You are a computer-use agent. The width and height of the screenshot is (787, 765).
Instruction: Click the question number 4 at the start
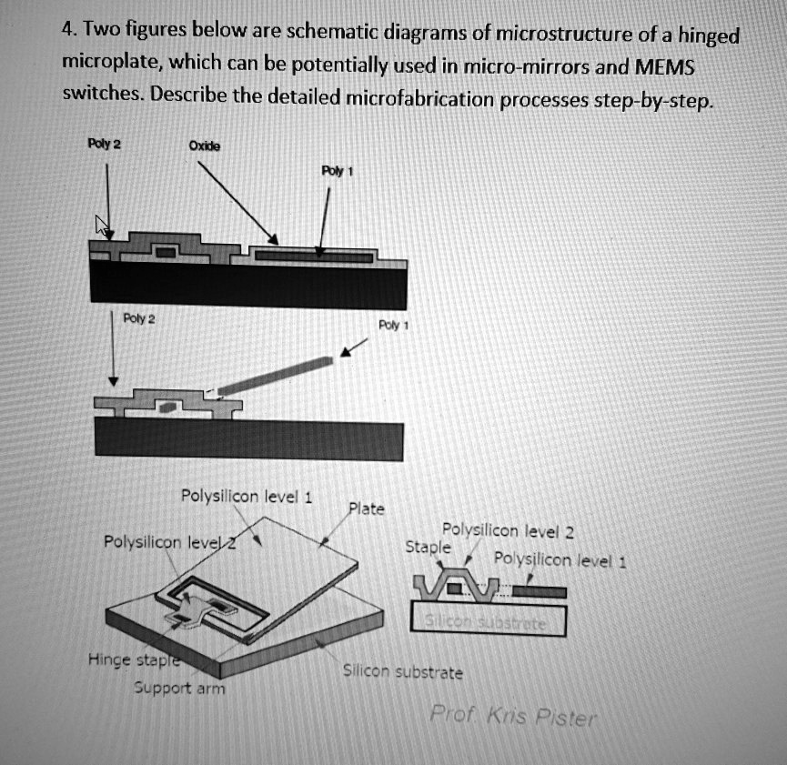(66, 27)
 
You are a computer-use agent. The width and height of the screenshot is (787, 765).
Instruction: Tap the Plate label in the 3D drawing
(368, 509)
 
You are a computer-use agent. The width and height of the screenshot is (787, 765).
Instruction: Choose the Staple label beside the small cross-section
(427, 548)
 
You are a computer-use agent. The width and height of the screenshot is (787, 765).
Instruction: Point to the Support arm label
(181, 688)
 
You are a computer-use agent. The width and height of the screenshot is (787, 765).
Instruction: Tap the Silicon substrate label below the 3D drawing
(402, 672)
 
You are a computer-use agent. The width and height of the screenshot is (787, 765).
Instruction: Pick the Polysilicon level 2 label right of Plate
(507, 531)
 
